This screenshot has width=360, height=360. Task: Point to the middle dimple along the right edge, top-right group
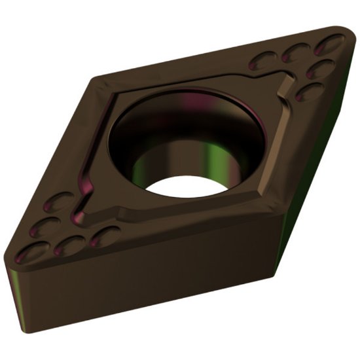tap(319, 67)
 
